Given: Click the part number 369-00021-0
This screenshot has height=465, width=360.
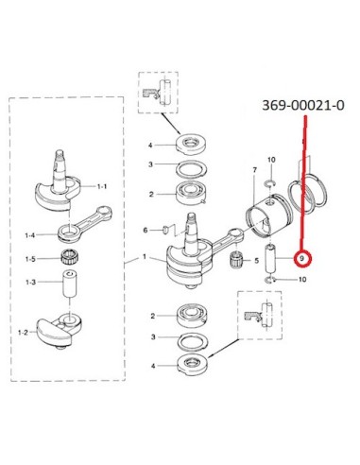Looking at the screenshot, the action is (x=303, y=105).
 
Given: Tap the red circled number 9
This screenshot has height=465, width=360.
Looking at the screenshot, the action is (x=302, y=259).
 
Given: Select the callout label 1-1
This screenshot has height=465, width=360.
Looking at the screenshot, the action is (x=102, y=186).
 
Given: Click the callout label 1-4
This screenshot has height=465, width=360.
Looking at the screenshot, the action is (x=30, y=235).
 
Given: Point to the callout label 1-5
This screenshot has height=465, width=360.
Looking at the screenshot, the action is (x=30, y=259).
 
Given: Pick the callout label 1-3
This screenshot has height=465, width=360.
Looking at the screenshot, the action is (x=31, y=283).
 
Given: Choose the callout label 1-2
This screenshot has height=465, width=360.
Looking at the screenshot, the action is (x=23, y=332).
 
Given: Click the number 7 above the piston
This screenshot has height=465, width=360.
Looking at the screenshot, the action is (x=255, y=170).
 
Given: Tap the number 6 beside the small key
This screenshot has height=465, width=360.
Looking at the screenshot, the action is (x=146, y=231).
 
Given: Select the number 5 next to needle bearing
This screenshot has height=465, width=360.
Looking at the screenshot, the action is (x=257, y=261).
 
